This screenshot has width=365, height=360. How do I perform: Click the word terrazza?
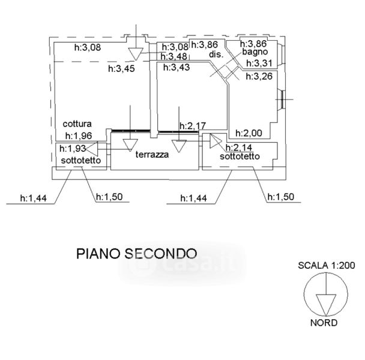point(151,155)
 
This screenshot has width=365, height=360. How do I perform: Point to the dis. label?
point(216,55)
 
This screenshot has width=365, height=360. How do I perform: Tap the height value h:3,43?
point(176,67)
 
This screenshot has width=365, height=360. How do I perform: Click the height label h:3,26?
point(259,76)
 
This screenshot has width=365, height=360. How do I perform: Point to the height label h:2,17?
point(193,127)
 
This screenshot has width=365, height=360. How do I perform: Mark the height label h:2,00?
point(247,133)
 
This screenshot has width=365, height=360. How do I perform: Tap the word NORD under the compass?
point(324,322)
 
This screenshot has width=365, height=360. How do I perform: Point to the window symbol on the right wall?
point(281,100)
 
